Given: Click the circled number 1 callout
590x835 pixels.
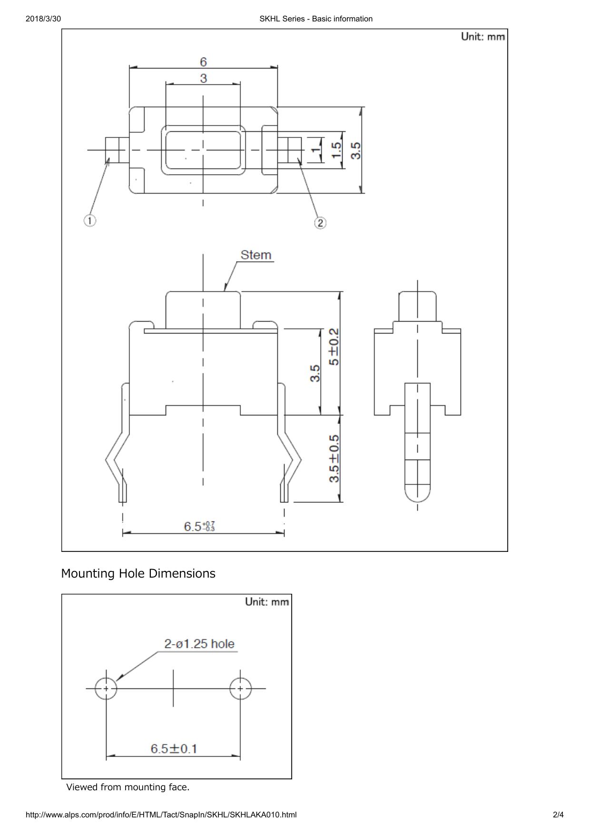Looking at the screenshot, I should pyautogui.click(x=90, y=220).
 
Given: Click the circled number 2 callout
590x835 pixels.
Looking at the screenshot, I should pyautogui.click(x=320, y=223).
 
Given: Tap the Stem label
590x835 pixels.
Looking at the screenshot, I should pyautogui.click(x=256, y=255).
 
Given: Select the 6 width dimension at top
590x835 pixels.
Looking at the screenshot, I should pyautogui.click(x=203, y=62).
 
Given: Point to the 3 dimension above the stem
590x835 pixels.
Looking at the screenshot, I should pyautogui.click(x=203, y=78).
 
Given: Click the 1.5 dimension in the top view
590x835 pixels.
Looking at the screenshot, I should pyautogui.click(x=336, y=150).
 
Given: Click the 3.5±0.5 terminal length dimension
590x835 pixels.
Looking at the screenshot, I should pyautogui.click(x=334, y=458).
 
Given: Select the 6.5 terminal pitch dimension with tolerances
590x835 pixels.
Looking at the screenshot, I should pyautogui.click(x=199, y=526).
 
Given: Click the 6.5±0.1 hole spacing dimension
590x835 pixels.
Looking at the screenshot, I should pyautogui.click(x=174, y=748).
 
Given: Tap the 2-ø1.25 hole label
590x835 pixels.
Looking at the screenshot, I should pyautogui.click(x=199, y=644).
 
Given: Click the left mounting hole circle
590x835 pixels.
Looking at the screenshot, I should pyautogui.click(x=106, y=688).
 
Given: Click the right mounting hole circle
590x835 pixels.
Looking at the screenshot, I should pyautogui.click(x=240, y=688).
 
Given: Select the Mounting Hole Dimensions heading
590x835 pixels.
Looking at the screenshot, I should pyautogui.click(x=138, y=573).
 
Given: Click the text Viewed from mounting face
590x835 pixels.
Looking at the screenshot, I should pyautogui.click(x=128, y=787).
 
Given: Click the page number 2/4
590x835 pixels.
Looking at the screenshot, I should pyautogui.click(x=558, y=815).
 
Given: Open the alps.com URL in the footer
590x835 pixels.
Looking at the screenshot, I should pyautogui.click(x=161, y=815).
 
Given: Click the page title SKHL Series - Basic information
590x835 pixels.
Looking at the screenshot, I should pyautogui.click(x=316, y=19).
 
